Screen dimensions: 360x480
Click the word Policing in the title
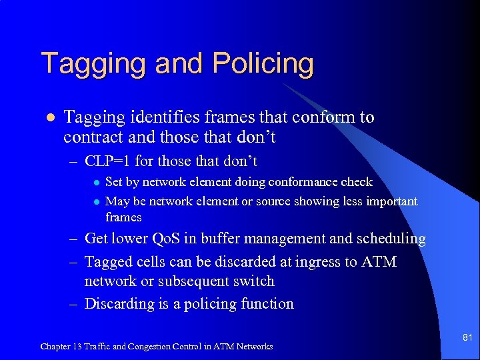coord(263,65)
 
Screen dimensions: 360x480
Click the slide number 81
coord(467,338)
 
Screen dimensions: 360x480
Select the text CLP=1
coord(109,161)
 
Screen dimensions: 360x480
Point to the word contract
coord(93,137)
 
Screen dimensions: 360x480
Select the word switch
coord(253,281)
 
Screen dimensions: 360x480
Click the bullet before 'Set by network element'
coord(95,182)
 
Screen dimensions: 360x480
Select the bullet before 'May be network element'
coord(95,202)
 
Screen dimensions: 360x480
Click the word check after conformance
coord(357,181)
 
